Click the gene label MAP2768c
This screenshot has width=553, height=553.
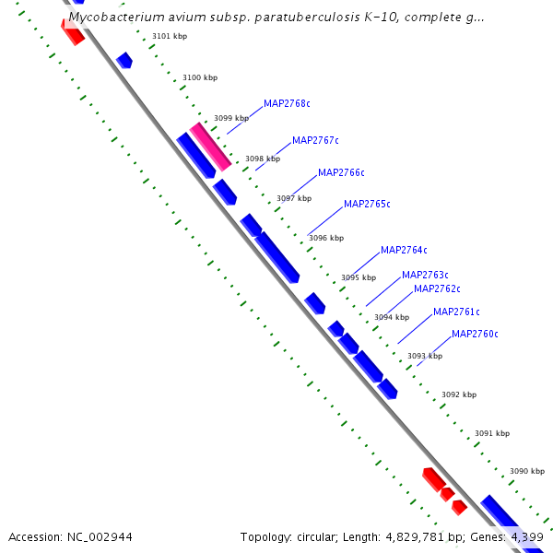(x=287, y=103)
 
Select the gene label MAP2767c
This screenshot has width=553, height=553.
(x=315, y=140)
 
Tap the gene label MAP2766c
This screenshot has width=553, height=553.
(x=341, y=172)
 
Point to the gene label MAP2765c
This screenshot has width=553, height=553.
(x=367, y=204)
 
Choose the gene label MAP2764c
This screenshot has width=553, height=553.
(x=404, y=250)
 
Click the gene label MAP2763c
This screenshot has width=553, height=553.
(x=425, y=275)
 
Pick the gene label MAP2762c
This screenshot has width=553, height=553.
(x=437, y=288)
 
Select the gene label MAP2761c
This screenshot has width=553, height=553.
(x=456, y=312)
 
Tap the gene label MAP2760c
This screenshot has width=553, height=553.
(x=475, y=334)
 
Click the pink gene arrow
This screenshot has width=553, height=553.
(x=210, y=147)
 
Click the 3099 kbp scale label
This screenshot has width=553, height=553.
(x=230, y=118)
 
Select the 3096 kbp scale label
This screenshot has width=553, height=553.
(x=325, y=238)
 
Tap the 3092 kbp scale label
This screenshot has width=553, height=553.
(x=459, y=394)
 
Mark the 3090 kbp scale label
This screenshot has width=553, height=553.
(x=527, y=471)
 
